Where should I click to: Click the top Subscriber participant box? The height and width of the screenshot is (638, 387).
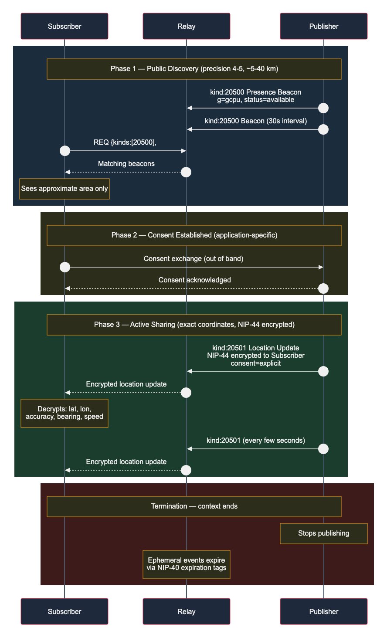pos(64,26)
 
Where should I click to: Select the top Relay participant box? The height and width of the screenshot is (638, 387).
pos(186,26)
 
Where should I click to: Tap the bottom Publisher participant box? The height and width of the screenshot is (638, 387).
pos(323,611)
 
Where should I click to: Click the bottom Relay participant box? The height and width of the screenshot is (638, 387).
pos(186,611)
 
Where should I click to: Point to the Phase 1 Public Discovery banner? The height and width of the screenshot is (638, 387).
pos(194,69)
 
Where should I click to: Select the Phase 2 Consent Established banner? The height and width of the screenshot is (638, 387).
pos(194,235)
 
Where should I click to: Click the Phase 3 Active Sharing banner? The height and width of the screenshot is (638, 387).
pos(194,325)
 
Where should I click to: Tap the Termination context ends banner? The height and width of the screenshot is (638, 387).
pos(194,506)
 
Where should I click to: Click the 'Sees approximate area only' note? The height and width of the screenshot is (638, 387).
pos(64,189)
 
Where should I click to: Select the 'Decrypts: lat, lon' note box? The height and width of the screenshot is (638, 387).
pos(64,413)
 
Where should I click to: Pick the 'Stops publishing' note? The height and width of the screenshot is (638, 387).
pos(323,533)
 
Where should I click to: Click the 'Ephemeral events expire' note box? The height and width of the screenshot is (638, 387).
pos(186,564)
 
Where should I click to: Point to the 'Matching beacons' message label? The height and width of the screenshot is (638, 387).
pos(126,164)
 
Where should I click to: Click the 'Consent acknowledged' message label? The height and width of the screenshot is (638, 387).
pos(194,280)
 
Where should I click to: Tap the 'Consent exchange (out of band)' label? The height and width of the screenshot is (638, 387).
pos(193,258)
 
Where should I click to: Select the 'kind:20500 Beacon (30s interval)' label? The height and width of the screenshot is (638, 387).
pos(256,121)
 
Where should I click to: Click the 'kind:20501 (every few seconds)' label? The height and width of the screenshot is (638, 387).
pos(256,440)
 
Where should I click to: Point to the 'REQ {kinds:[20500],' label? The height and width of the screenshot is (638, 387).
pos(125,143)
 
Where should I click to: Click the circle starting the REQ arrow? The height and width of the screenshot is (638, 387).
pos(65,151)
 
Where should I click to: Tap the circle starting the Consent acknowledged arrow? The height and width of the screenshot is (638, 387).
pos(323,288)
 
